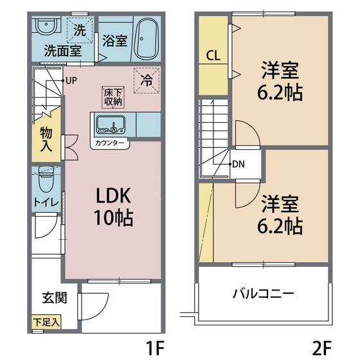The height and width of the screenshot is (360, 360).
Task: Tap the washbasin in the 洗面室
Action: (x=45, y=28)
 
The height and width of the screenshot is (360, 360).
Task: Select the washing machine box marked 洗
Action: (x=79, y=30)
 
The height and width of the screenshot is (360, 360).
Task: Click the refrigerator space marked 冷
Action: (x=146, y=81)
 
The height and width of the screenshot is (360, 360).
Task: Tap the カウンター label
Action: (x=109, y=143)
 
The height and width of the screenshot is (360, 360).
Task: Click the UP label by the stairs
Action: (x=71, y=80)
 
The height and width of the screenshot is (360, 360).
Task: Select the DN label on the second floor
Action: (x=239, y=164)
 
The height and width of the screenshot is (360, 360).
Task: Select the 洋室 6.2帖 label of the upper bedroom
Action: (x=282, y=80)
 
